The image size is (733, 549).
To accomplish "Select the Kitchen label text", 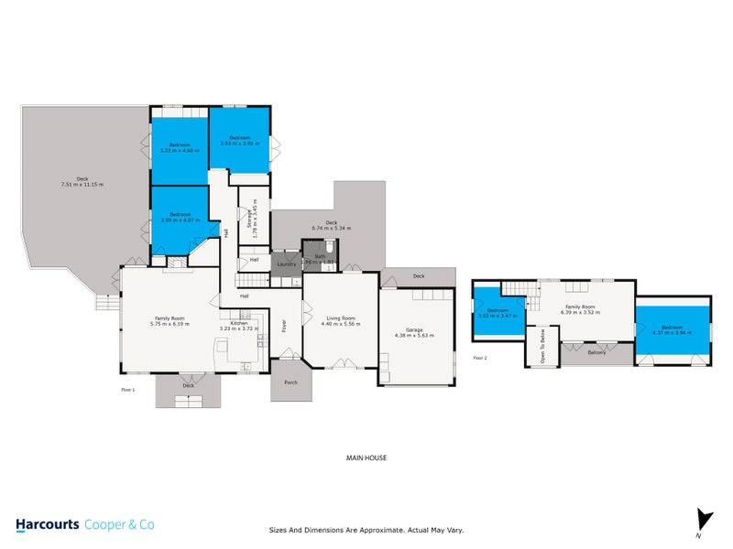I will coord(239,324).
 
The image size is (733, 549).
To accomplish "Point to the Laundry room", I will coord(286,264).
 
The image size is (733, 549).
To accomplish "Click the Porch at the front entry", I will coord(290,382).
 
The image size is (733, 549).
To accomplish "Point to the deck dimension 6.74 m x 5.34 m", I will coord(331,228).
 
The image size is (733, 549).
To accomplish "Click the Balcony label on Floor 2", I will coord(596,352).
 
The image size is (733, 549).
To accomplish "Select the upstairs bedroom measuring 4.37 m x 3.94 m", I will coord(672,329).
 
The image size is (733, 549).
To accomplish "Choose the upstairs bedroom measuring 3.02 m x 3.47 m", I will coord(498,314).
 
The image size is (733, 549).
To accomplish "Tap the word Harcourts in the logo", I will coord(47,525).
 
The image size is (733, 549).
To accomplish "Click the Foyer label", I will coord(285,324).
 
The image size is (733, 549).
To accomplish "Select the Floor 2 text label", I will coord(479,358).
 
